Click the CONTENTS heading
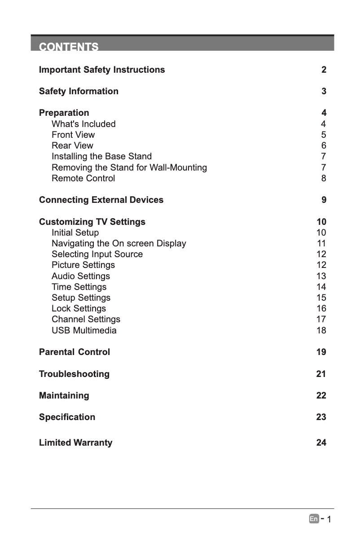pyautogui.click(x=69, y=47)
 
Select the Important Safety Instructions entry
pyautogui.click(x=102, y=70)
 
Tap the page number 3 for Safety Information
pyautogui.click(x=324, y=92)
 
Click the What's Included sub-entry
pyautogui.click(x=83, y=124)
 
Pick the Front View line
pyautogui.click(x=73, y=135)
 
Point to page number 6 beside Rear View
pyautogui.click(x=324, y=146)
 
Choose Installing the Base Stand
pyautogui.click(x=101, y=157)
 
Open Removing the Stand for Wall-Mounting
pyautogui.click(x=129, y=167)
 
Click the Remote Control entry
pyautogui.click(x=83, y=178)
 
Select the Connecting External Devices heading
pyautogui.click(x=101, y=200)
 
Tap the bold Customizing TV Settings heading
pyautogui.click(x=92, y=222)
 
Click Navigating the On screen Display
pyautogui.click(x=119, y=243)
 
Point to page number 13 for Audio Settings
pyautogui.click(x=321, y=276)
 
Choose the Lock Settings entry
pyautogui.click(x=79, y=308)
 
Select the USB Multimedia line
pyautogui.click(x=84, y=330)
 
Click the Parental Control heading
pyautogui.click(x=74, y=352)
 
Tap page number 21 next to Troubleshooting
pyautogui.click(x=321, y=374)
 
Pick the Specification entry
pyautogui.click(x=67, y=417)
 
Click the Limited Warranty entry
pyautogui.click(x=75, y=443)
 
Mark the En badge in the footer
pyautogui.click(x=313, y=519)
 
